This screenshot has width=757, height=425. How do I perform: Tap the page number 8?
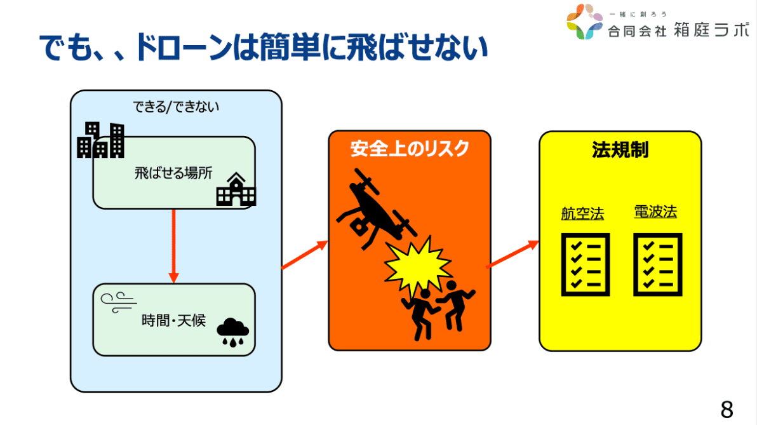[x=727, y=408]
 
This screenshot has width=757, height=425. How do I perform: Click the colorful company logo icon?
[x=583, y=22]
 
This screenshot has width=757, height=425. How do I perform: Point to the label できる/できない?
[x=176, y=107]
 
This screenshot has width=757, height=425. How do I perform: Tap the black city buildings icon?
[x=100, y=141]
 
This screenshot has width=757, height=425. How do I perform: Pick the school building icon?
[x=235, y=190]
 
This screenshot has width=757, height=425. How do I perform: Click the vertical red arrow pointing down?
[x=173, y=245]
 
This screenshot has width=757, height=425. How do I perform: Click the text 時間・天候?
[x=173, y=321]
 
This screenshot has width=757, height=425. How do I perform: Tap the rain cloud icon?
[x=232, y=330]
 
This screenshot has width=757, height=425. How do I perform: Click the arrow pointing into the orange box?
[x=304, y=255]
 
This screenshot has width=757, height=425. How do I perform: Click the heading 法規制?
[x=620, y=150]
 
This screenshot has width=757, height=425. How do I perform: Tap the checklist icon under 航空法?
[x=585, y=264]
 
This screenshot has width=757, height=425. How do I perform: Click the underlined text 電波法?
[x=655, y=212]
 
